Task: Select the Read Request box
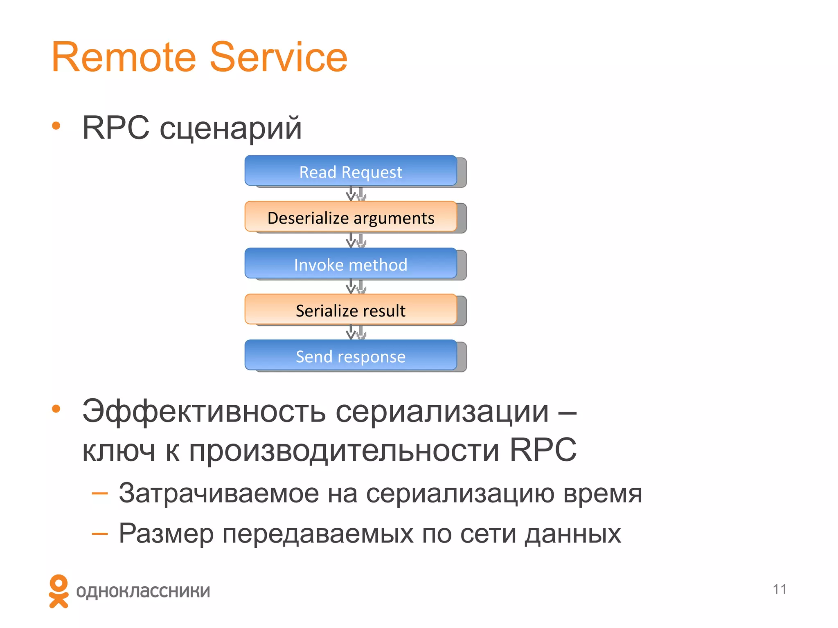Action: tap(351, 172)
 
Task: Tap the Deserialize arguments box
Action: tap(351, 218)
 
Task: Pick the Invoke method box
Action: tap(351, 264)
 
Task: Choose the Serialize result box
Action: tap(351, 310)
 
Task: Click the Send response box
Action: tap(351, 356)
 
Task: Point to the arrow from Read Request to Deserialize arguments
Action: tap(351, 194)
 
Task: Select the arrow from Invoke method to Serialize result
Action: tap(351, 286)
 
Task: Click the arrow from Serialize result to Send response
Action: tap(351, 332)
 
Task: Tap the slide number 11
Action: tap(779, 589)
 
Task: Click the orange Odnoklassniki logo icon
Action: tap(59, 591)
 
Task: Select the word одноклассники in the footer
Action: tap(143, 591)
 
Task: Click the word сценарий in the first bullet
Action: tap(230, 128)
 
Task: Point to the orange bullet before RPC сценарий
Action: tap(56, 126)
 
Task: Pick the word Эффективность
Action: tap(204, 411)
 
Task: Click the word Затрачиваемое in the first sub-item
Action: tap(219, 493)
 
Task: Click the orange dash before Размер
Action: tap(99, 534)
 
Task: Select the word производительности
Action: tap(344, 451)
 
